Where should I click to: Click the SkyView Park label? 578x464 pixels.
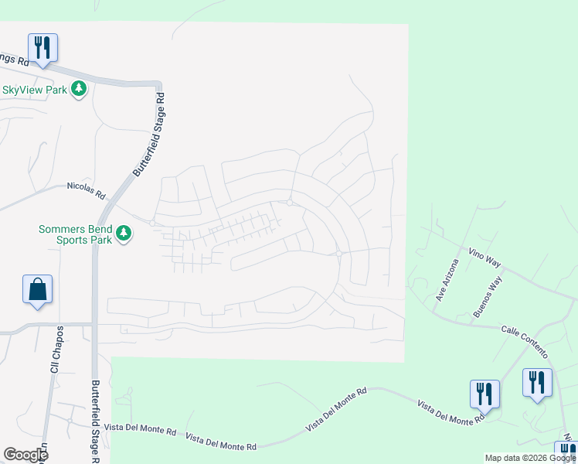coord(34,90)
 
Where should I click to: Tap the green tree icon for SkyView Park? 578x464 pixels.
coord(78,90)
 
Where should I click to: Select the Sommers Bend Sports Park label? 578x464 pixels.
coord(76,234)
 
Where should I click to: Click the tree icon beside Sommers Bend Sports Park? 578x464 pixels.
coord(123,232)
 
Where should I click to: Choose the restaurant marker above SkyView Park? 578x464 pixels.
coord(43,48)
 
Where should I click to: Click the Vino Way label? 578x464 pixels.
coord(484,258)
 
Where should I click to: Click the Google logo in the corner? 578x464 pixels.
coord(25,455)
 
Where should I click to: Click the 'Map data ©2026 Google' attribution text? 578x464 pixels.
coord(530,458)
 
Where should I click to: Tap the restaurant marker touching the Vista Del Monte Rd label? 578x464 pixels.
coord(484,394)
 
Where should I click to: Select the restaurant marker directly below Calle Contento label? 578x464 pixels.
coord(537,383)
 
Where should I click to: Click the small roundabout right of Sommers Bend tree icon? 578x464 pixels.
coord(152,223)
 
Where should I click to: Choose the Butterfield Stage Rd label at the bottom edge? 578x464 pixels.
coord(96,421)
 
